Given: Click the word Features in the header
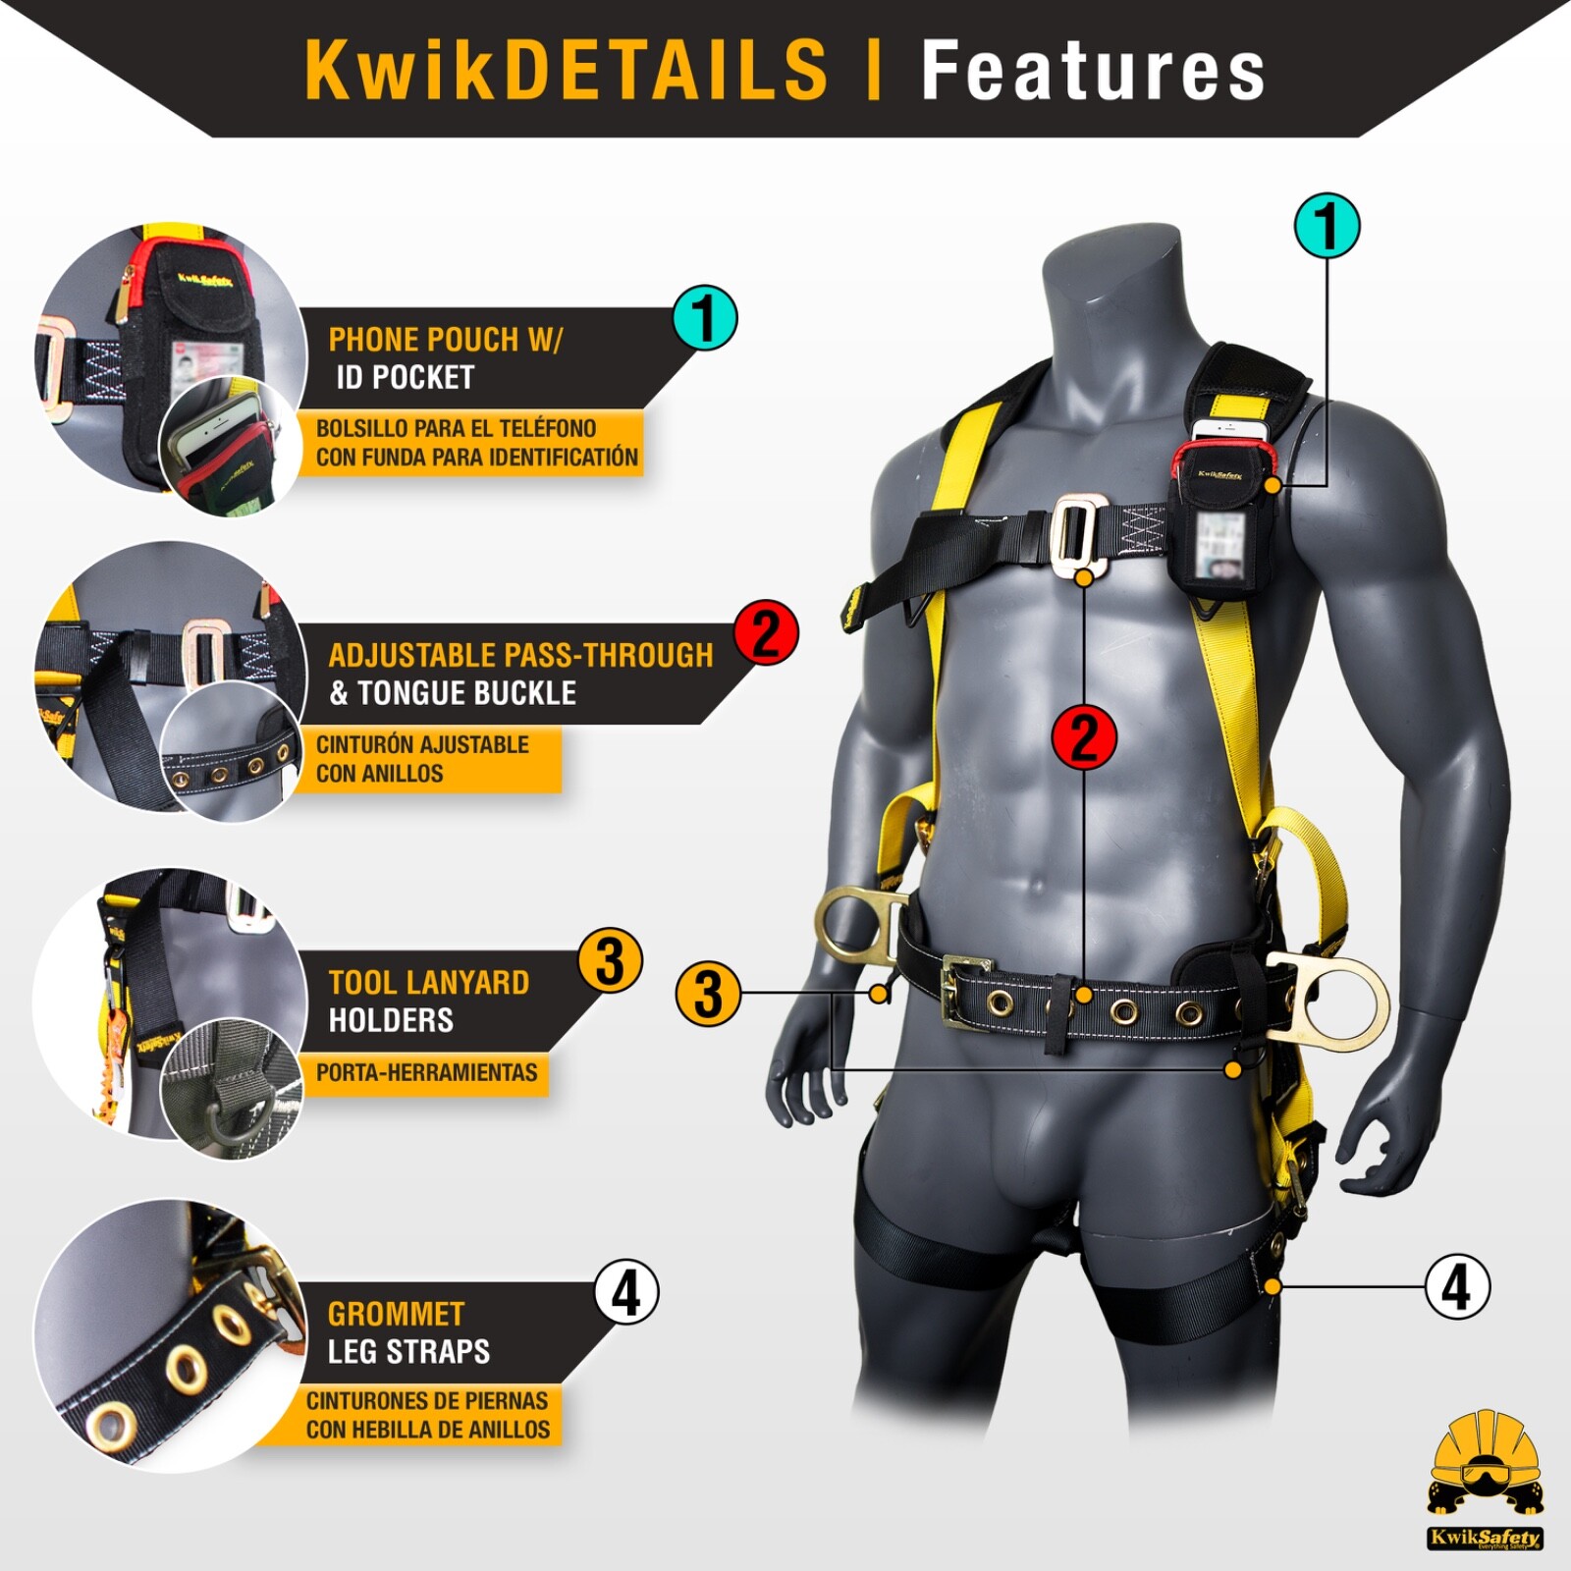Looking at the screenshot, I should [1093, 71].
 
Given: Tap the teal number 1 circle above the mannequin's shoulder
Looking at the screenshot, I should [1327, 226].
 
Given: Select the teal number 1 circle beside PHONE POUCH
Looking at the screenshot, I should [705, 318].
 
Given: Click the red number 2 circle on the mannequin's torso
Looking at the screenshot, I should [1084, 737].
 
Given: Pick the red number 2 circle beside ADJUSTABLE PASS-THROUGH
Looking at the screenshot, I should [766, 632].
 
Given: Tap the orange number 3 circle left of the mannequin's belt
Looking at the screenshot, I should [708, 994].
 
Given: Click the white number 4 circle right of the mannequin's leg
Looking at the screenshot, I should [1457, 1286].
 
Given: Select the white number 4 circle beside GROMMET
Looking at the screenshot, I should [626, 1292].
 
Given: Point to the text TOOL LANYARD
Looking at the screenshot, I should [429, 983].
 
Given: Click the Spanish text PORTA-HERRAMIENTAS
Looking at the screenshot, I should [426, 1072].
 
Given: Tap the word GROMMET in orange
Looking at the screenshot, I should [396, 1314].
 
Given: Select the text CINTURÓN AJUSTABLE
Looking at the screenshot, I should [422, 745].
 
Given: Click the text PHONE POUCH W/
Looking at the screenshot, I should [445, 340].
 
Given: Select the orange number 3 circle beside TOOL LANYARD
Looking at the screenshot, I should [610, 960].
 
